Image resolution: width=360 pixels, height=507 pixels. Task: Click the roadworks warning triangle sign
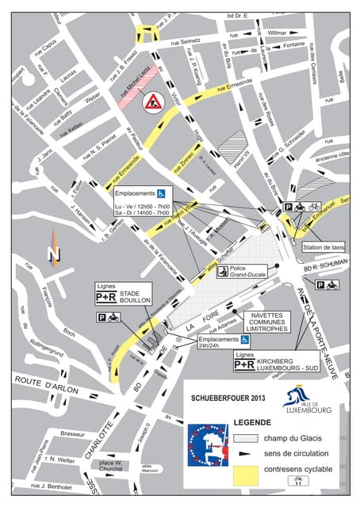(x=151, y=101)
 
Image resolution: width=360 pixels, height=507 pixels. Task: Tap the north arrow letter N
(x=54, y=253)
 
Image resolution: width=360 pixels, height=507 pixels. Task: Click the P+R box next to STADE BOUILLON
(x=107, y=298)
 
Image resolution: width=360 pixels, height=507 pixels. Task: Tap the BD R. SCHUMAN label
(x=326, y=269)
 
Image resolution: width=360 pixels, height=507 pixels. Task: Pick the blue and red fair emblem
(x=208, y=454)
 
